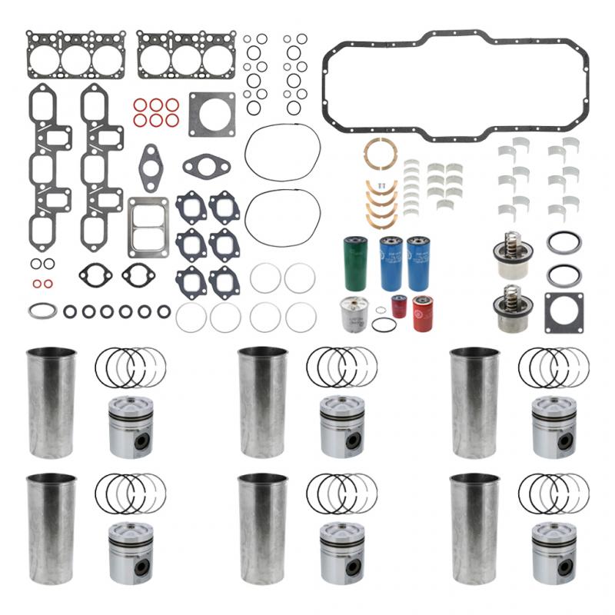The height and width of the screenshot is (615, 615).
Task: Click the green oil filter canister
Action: (x=354, y=264)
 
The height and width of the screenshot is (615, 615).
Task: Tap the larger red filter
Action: (x=424, y=313)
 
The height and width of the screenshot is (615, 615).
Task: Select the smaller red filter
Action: (x=398, y=307)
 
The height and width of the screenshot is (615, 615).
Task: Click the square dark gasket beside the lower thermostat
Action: (x=563, y=312)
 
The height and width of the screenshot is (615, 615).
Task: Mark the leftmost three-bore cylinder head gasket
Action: (x=75, y=55)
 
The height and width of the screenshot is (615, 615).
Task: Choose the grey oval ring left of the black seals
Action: (x=42, y=311)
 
